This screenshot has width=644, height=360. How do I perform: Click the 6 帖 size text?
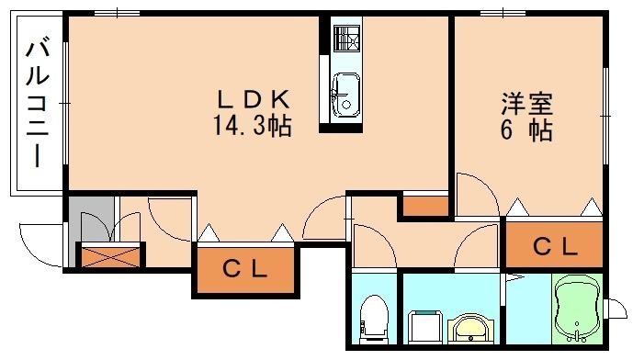point(525,131)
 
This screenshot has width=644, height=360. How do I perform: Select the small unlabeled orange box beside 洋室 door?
point(425,205)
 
